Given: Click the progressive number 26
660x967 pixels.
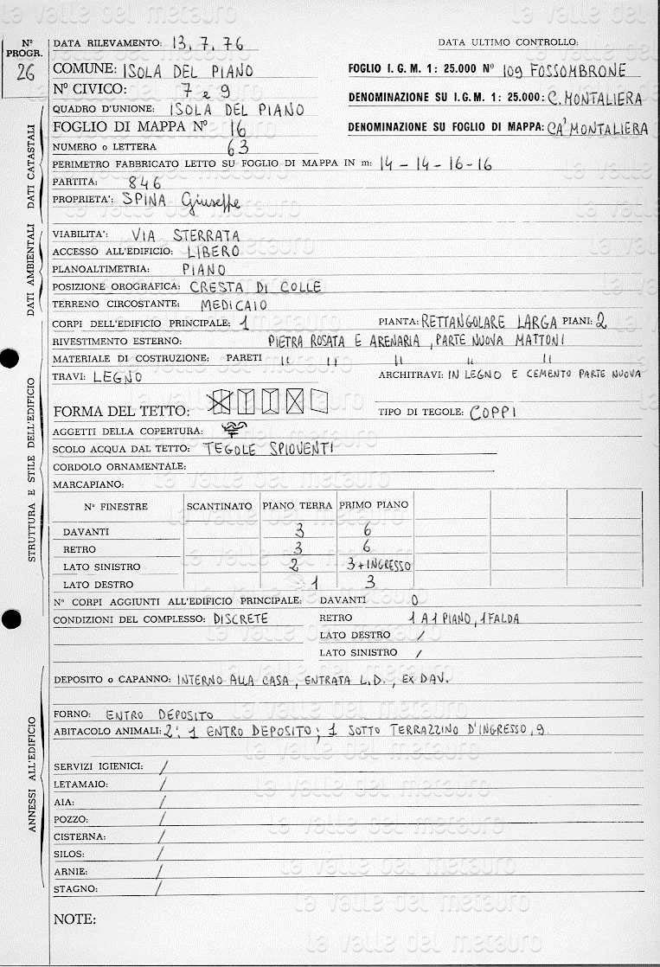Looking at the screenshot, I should (x=26, y=72).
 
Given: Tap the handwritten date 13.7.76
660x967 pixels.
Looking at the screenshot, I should (x=208, y=43).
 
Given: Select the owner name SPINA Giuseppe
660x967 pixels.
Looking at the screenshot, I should (x=182, y=202).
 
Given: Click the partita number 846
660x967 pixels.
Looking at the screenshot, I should (x=144, y=183).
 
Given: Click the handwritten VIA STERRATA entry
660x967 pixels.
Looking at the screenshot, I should (x=186, y=234).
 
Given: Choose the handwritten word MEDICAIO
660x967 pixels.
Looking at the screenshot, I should (x=234, y=304).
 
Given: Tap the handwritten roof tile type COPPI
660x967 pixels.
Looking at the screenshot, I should (x=493, y=413).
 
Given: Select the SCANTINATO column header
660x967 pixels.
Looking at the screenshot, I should (x=220, y=505).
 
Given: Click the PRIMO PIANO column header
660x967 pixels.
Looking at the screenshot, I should (x=374, y=505).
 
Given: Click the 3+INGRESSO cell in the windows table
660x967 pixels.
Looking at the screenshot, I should (x=377, y=566).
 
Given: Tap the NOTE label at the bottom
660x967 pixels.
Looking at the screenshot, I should (x=74, y=919).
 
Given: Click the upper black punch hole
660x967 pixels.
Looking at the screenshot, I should (x=10, y=359).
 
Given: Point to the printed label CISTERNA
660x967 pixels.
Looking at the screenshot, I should (x=80, y=837).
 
